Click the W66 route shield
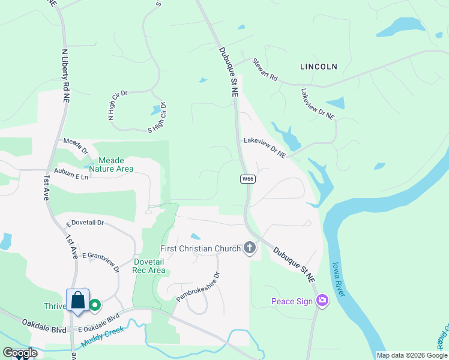click(x=247, y=179)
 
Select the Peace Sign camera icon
click(x=322, y=301)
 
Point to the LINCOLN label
click(x=319, y=67)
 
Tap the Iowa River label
click(x=339, y=280)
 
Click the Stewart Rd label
click(x=265, y=70)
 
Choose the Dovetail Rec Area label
click(x=141, y=266)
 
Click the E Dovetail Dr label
click(x=85, y=223)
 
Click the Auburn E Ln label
click(x=71, y=176)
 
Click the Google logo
click(x=20, y=353)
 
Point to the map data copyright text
click(x=412, y=355)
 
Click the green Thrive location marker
click(x=95, y=305)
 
